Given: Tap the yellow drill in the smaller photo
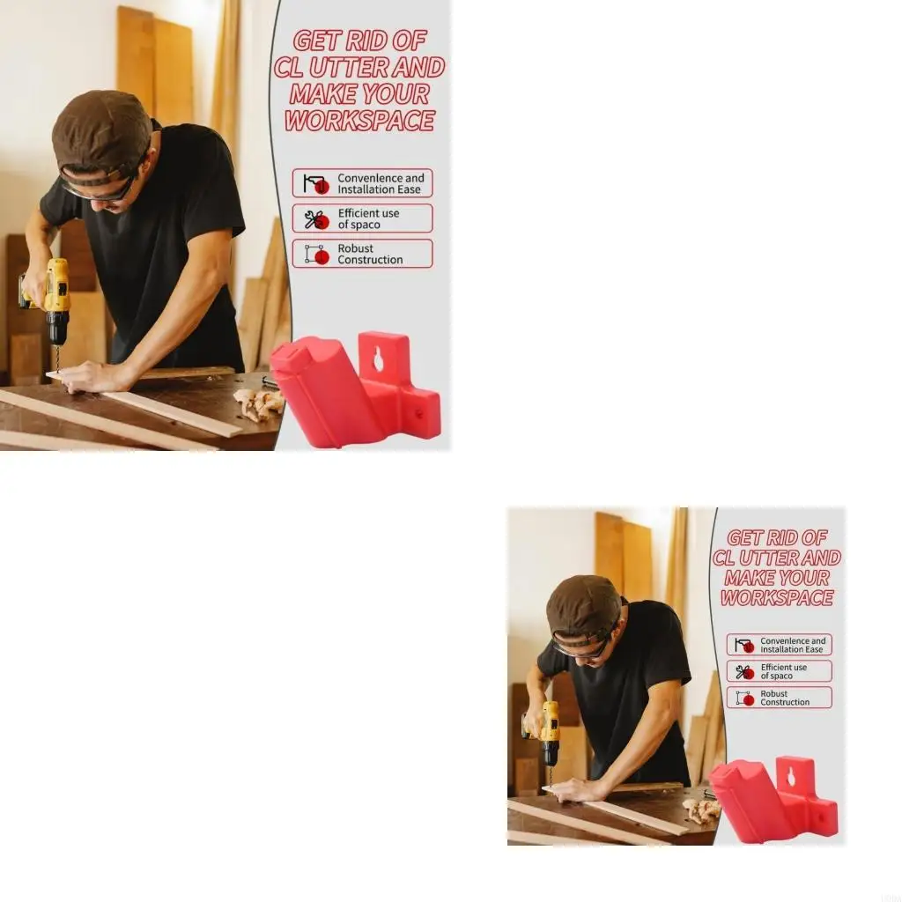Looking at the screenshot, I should click(x=549, y=725).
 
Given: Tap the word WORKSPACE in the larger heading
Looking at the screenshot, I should click(x=359, y=122).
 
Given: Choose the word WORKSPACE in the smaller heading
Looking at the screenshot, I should click(x=777, y=598).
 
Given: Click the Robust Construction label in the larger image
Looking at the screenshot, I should click(x=370, y=255).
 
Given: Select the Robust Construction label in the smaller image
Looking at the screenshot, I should click(x=784, y=698).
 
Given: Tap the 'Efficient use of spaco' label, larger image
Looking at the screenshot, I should click(x=368, y=218).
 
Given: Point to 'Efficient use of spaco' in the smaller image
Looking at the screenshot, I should click(x=783, y=671).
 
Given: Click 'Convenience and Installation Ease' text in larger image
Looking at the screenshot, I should click(x=381, y=183).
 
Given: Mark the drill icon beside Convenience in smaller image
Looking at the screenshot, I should click(x=744, y=645).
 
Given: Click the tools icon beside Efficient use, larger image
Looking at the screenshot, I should click(x=315, y=219).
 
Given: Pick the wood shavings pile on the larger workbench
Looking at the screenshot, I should click(x=259, y=403).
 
